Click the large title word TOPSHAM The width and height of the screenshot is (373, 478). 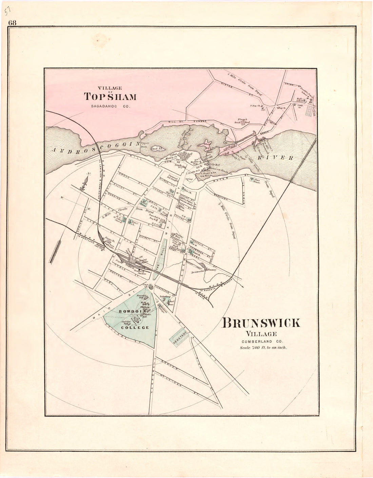tap(110, 97)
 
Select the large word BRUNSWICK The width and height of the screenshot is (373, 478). tap(261, 323)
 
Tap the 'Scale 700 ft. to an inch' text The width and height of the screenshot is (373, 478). tap(263, 348)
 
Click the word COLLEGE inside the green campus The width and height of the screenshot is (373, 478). tap(136, 327)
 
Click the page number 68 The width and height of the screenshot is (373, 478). tap(13, 23)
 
